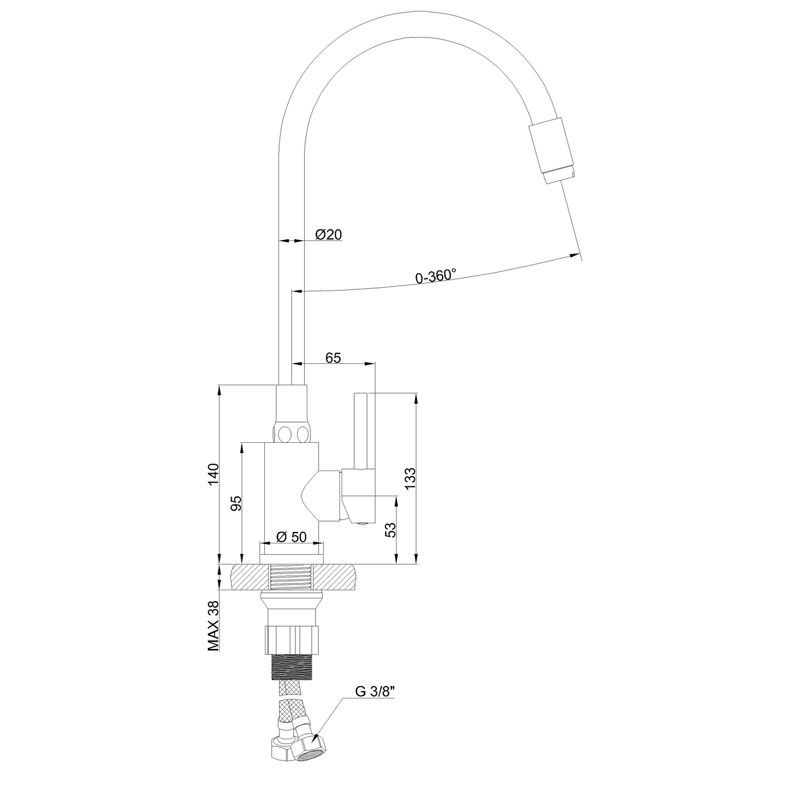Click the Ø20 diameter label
coord(329,234)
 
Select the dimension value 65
coord(333,358)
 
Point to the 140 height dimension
coord(213,474)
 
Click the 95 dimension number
coord(236,503)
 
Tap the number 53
coord(391,530)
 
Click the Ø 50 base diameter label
coord(291,537)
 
